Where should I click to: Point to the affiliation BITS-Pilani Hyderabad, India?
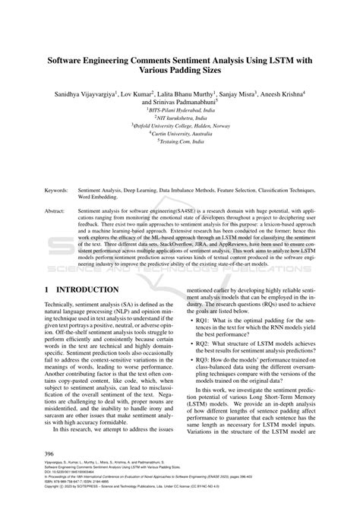coord(181,109)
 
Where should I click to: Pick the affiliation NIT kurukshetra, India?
coord(181,118)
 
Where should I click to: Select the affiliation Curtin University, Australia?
coord(181,134)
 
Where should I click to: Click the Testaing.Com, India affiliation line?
coord(181,142)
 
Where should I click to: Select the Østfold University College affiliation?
coord(181,126)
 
